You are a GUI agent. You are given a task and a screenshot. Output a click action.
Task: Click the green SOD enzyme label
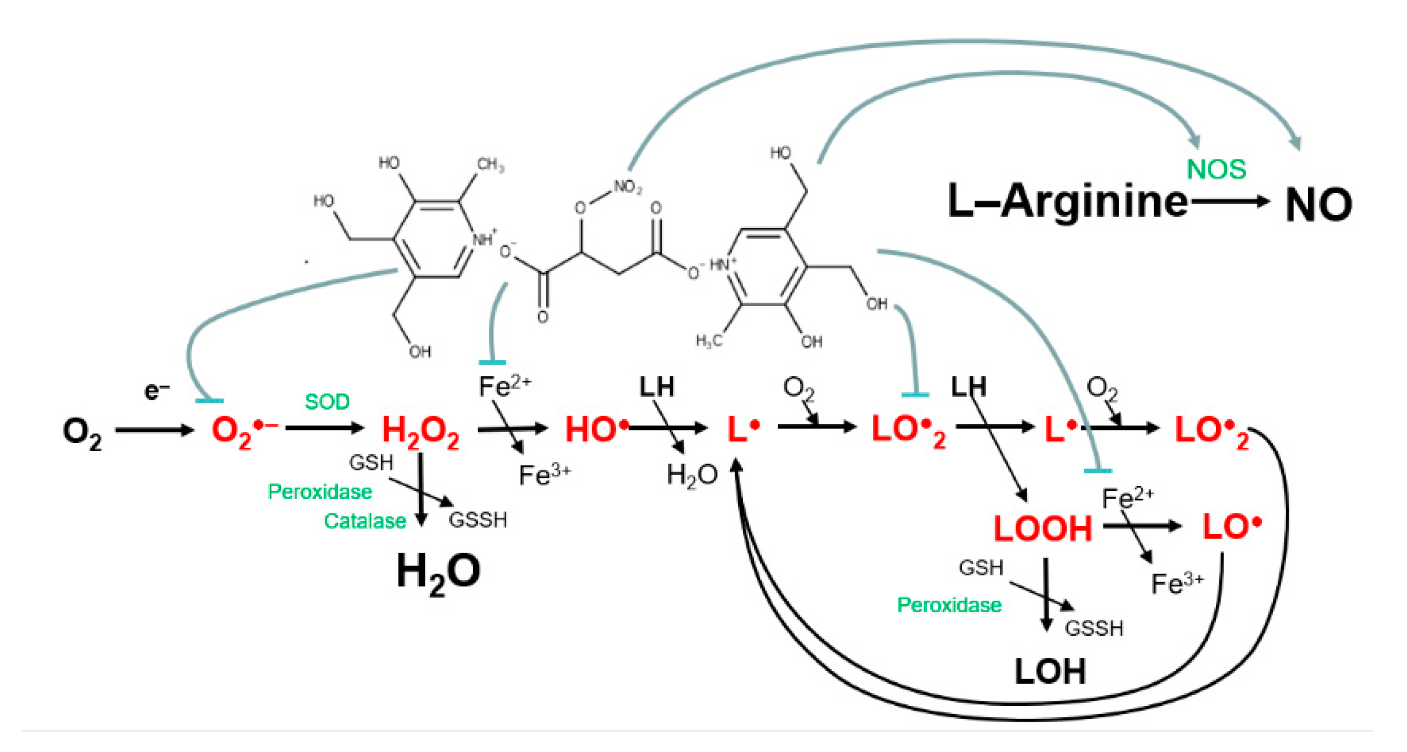pos(327,402)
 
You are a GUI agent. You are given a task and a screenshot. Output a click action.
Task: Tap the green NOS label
pos(1216,170)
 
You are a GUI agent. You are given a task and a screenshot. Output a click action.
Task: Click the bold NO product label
pos(1318,205)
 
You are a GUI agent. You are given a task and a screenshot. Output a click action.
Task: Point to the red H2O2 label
pos(420,432)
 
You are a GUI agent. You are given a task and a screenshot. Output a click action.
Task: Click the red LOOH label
pos(1042,529)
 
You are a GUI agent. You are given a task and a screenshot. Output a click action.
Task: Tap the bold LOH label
pos(1050,672)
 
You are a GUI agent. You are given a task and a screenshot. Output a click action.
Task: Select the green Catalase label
pos(365,521)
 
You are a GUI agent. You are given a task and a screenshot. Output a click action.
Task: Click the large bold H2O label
pos(438,572)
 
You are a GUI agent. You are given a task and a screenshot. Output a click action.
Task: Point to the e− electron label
pos(156,391)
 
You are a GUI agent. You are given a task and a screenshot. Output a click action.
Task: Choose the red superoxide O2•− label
pos(244,431)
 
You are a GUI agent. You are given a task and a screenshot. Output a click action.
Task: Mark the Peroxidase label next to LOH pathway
pos(949,605)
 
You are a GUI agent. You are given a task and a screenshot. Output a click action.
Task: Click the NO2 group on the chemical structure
pos(627,187)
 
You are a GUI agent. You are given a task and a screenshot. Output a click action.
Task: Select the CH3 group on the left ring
pos(490,165)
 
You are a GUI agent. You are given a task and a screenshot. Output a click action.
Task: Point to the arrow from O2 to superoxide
pos(154,431)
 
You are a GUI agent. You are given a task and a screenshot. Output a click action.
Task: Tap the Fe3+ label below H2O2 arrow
pos(544,475)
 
